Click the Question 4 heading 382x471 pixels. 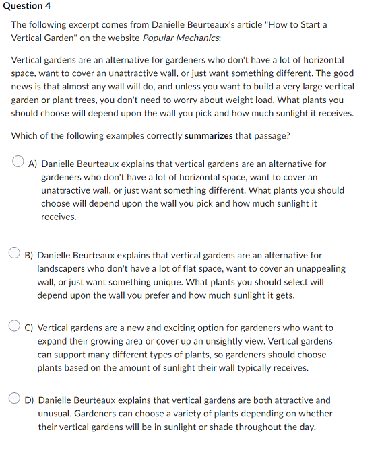click(27, 6)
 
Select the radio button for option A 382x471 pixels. click(20, 162)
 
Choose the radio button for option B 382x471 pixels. click(15, 254)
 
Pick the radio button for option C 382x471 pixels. click(15, 326)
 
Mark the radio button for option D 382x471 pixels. click(15, 398)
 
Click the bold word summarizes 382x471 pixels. click(209, 135)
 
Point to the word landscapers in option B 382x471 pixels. click(63, 268)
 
